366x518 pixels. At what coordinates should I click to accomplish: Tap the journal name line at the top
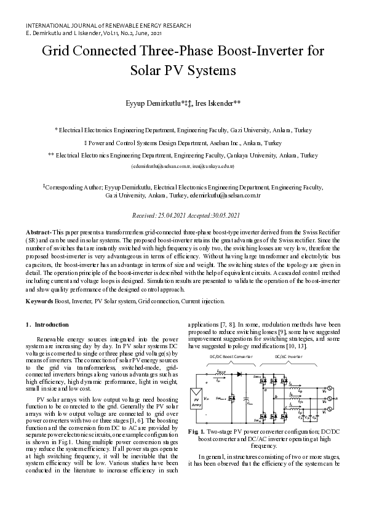[x=108, y=26]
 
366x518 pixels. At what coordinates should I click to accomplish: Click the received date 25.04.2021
[x=174, y=216]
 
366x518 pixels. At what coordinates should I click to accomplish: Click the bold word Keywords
[x=38, y=301]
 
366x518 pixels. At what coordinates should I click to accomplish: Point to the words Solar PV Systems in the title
[x=183, y=70]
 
